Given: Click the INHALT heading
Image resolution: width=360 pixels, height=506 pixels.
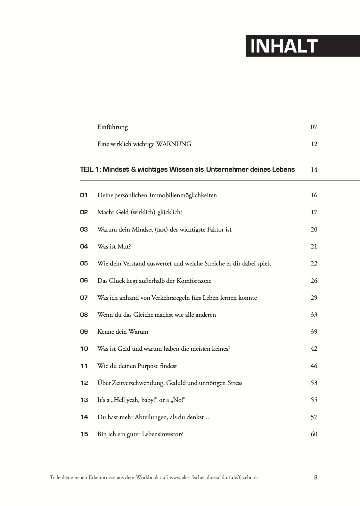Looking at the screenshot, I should (284, 46).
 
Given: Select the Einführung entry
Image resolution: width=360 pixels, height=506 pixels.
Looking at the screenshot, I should (112, 127).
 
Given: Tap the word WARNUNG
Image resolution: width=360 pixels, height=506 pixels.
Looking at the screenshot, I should (174, 144).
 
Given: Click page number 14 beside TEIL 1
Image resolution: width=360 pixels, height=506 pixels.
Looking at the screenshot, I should (314, 169).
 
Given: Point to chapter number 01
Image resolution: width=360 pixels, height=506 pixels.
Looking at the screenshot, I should (84, 195).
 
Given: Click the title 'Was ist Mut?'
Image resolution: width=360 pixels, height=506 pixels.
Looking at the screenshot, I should (114, 247).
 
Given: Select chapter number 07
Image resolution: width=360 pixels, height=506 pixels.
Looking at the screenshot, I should (84, 298).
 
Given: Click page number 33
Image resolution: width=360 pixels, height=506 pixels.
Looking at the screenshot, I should (314, 315).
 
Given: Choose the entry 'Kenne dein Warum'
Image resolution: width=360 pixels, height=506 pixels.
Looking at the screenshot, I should (123, 332).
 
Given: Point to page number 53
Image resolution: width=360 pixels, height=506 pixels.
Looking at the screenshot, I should (314, 383).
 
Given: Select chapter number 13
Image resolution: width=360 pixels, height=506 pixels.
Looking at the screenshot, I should (84, 400).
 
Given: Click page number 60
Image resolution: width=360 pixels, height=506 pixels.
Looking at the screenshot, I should (314, 434).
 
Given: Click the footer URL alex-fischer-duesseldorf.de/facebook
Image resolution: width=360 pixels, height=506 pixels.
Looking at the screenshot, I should (214, 477).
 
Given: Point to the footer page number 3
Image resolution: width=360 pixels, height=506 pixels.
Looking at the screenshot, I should (315, 477).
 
